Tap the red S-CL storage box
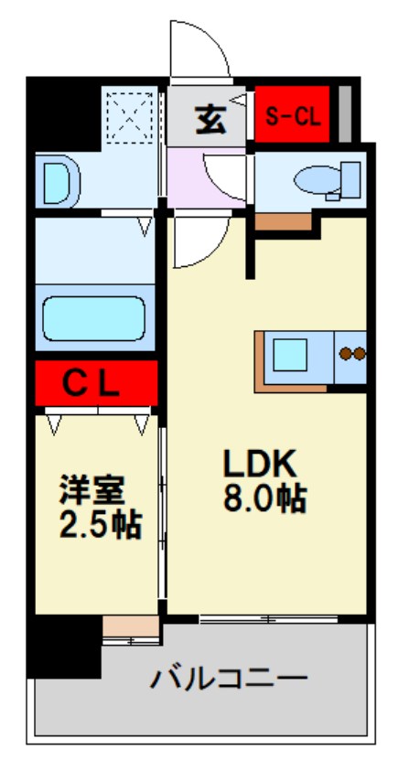pos(293,116)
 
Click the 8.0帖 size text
pos(264,499)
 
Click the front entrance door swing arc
pos(198,50)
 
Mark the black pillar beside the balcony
pos(62,648)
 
